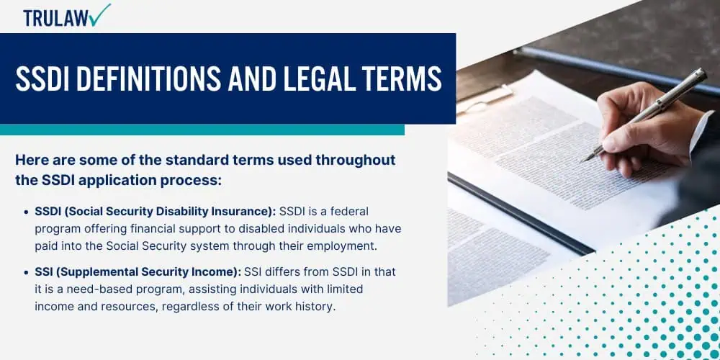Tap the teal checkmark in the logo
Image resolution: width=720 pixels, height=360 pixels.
click(101, 14)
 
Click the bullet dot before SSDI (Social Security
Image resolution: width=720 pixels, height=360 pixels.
click(26, 212)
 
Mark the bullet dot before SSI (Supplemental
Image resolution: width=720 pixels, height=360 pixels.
click(26, 273)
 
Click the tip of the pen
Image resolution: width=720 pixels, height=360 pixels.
click(582, 161)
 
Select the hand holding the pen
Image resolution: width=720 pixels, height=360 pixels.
click(647, 129)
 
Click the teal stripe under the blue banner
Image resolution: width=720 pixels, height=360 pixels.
click(202, 130)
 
